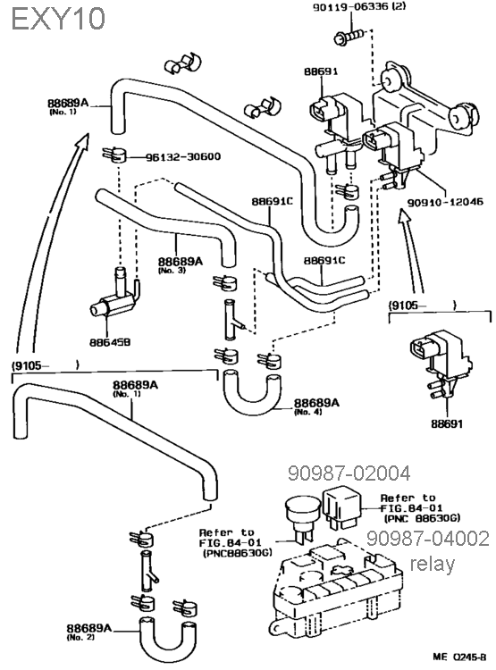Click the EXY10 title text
point(58,19)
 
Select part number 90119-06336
point(346,7)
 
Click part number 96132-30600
point(183,157)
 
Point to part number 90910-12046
point(445,201)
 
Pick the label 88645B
point(110,342)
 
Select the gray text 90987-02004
point(349,473)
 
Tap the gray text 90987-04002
point(427,539)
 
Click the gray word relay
point(433,564)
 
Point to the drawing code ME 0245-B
point(459,657)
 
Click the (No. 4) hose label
point(307,412)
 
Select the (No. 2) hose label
point(80,638)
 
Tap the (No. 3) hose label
point(172,271)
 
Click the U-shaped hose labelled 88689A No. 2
point(167,641)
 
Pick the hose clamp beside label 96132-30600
point(115,155)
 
